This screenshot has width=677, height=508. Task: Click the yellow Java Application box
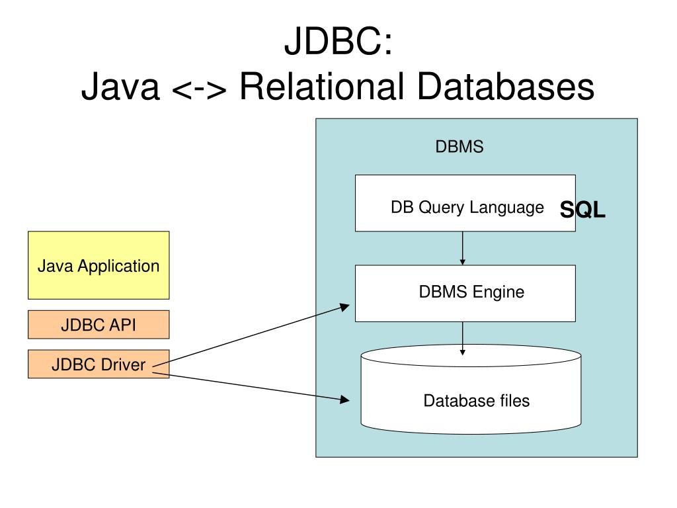pyautogui.click(x=99, y=265)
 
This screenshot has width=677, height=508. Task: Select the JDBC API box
pyautogui.click(x=99, y=325)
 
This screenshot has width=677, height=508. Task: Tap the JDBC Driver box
pyautogui.click(x=99, y=364)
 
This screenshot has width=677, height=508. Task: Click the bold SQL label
pyautogui.click(x=582, y=210)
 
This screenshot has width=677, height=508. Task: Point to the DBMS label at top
pyautogui.click(x=459, y=147)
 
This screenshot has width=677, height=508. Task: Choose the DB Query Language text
pyautogui.click(x=467, y=208)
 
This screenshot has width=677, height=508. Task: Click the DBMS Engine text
pyautogui.click(x=471, y=292)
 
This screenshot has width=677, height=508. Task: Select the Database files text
pyautogui.click(x=477, y=400)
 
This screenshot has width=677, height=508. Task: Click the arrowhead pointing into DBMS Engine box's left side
pyautogui.click(x=345, y=306)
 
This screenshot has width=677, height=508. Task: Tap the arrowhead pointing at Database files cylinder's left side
pyautogui.click(x=344, y=400)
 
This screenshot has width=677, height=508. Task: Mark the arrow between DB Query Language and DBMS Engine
pyautogui.click(x=463, y=248)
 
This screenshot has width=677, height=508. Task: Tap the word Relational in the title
pyautogui.click(x=321, y=87)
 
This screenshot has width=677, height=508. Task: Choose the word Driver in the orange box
pyautogui.click(x=124, y=364)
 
